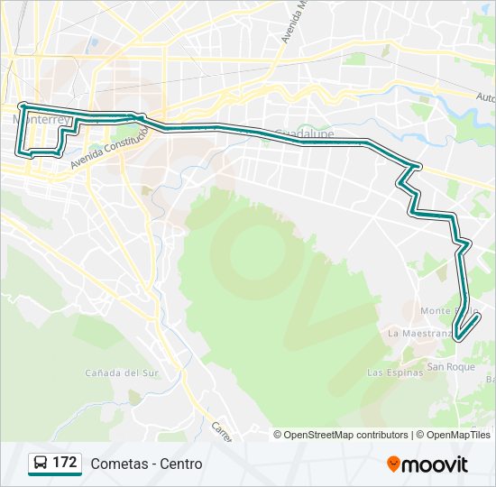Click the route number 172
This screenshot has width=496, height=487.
point(65,463)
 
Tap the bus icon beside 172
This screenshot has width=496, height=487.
point(41,464)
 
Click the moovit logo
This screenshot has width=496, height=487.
point(427,464)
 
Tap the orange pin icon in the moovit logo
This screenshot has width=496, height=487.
point(394,464)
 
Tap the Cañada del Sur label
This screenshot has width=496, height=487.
point(121,372)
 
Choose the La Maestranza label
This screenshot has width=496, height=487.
point(418,333)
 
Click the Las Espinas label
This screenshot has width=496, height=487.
point(395,372)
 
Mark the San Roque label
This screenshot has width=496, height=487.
point(450,367)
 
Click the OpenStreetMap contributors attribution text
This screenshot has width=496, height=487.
point(346,435)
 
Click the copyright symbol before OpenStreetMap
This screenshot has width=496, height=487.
point(278,435)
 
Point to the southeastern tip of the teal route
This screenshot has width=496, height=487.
point(459,339)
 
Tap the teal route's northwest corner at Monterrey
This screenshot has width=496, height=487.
point(20,106)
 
